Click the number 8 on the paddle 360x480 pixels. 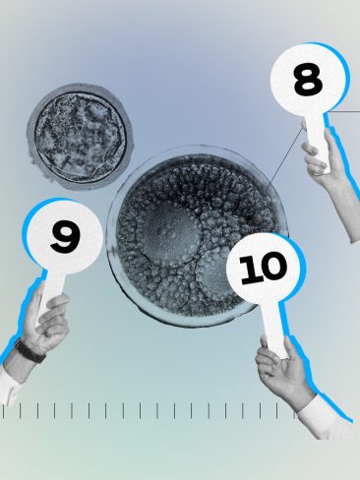pyautogui.click(x=307, y=81)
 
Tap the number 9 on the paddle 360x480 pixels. pyautogui.click(x=64, y=235)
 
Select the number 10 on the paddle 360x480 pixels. pyautogui.click(x=264, y=268)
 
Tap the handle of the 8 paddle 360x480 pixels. pyautogui.click(x=315, y=132)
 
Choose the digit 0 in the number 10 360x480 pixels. pyautogui.click(x=271, y=266)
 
